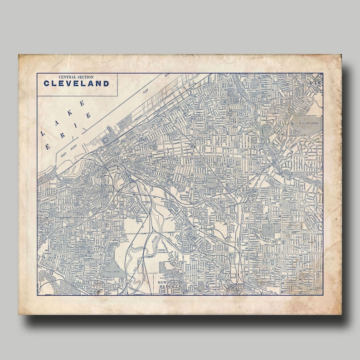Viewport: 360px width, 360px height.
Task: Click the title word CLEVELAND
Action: pos(76,83)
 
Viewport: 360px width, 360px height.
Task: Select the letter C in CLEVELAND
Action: pos(46,83)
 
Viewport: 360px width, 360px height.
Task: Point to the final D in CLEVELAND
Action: pos(106,83)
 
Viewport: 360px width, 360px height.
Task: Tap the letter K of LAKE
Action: pos(69,113)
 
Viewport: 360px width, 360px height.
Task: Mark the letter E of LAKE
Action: pos(82,103)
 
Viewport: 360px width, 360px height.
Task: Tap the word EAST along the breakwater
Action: pos(146,91)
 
